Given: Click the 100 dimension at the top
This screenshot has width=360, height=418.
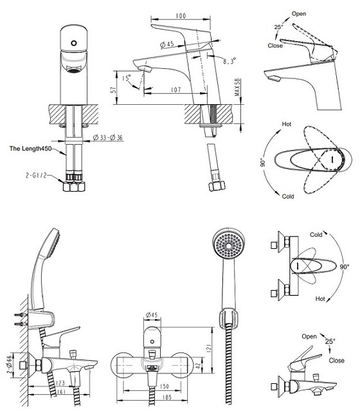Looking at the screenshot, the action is (181, 15).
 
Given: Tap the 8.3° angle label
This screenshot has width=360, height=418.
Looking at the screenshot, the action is (230, 61).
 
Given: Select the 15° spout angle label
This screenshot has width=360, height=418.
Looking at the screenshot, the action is (127, 78).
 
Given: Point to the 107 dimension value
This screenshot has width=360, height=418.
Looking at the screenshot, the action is (176, 90).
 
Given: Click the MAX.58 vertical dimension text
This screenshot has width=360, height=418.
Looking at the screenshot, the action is (237, 87).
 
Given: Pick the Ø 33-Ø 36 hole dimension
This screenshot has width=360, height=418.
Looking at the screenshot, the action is (107, 138).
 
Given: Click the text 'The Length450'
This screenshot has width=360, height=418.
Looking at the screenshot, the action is (30, 149).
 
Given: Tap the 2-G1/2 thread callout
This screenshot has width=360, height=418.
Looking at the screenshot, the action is (36, 175).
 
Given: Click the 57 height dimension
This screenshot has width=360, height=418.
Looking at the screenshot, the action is (114, 90).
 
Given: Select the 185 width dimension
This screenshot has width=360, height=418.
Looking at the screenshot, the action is (166, 397).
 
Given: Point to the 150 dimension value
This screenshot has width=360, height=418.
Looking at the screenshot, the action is (165, 386).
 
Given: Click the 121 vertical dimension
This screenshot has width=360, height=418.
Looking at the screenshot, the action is (209, 348).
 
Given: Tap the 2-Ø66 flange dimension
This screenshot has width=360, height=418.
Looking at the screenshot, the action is (10, 364).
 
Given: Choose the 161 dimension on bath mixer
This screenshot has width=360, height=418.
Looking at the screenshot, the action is (61, 392).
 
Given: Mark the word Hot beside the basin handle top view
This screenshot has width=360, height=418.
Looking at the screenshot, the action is (287, 124).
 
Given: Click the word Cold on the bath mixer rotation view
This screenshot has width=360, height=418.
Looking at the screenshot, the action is (316, 235).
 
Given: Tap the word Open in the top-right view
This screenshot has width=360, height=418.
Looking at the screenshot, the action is (299, 14).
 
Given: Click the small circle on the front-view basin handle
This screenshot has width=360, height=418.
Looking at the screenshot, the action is (74, 43).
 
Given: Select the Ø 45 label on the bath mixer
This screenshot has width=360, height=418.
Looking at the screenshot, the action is (152, 315).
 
